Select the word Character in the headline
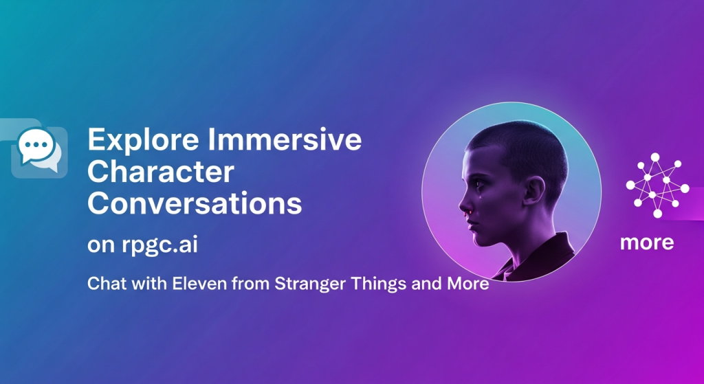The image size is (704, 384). (x=161, y=172)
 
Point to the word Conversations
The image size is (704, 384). (x=195, y=203)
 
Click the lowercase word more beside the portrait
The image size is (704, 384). (x=647, y=242)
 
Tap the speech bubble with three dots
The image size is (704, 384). (x=36, y=146)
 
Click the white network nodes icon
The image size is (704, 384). (x=657, y=185)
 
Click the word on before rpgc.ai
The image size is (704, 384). (x=102, y=246)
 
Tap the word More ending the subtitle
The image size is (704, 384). (x=467, y=284)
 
